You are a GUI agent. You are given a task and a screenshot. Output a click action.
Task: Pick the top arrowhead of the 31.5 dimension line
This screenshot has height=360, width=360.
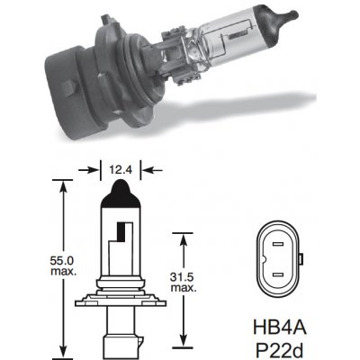pos(186,233)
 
